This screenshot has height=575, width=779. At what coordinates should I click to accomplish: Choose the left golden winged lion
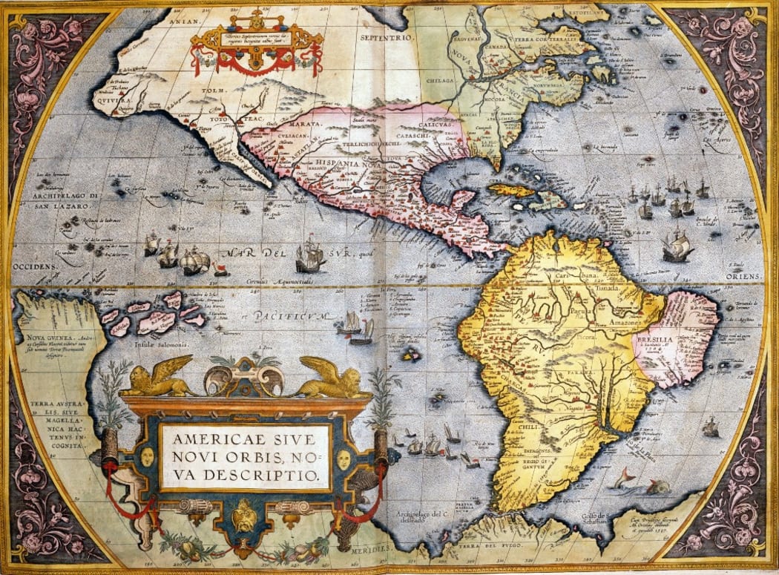click(x=157, y=378)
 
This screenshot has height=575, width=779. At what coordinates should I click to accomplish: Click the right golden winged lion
click(x=332, y=378)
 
